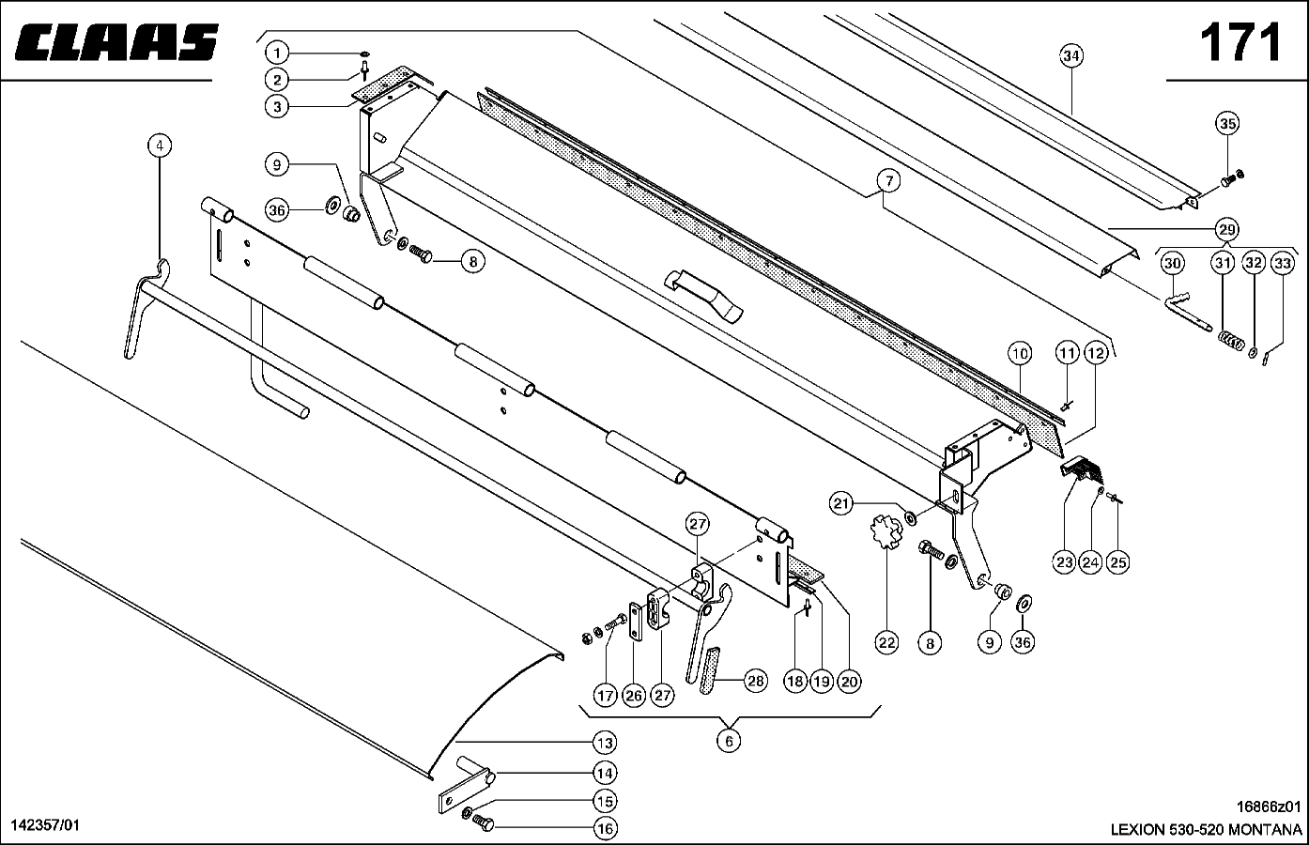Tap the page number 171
coord(1240,42)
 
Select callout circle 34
coord(1071,55)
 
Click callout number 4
coord(160,146)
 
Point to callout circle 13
coord(605,743)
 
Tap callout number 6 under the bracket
coord(728,741)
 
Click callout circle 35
coord(1227,123)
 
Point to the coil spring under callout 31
coord(1227,339)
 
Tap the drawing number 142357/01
coord(45,824)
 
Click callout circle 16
coord(605,828)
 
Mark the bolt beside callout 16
coord(483,823)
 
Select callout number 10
coord(1020,354)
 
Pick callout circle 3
coord(276,107)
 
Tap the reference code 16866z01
coord(1269,807)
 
